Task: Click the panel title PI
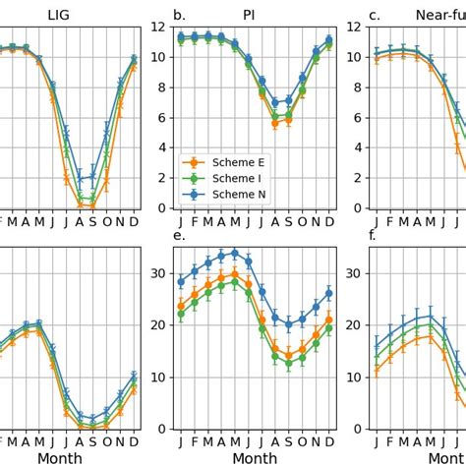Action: [x=249, y=15]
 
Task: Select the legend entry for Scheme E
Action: [x=224, y=161]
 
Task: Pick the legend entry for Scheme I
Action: [x=224, y=178]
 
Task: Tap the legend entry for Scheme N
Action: [x=224, y=195]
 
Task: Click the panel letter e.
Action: [x=178, y=236]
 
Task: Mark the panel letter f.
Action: [x=371, y=236]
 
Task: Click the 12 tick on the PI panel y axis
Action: [x=157, y=27]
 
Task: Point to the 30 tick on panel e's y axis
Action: [x=157, y=273]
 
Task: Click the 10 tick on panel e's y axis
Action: [x=157, y=377]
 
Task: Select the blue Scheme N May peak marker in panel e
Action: [x=234, y=253]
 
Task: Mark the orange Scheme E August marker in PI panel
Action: [x=275, y=123]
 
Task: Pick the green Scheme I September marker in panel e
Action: [x=289, y=363]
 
